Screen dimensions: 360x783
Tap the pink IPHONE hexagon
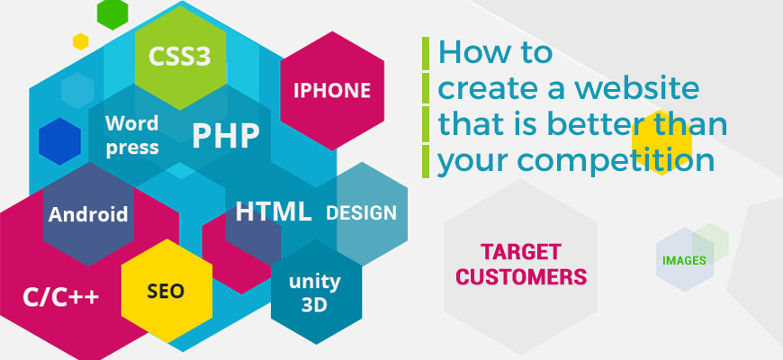tap(332, 90)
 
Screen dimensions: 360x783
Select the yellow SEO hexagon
tap(166, 290)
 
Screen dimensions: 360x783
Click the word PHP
tap(225, 136)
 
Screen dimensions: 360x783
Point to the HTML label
tap(274, 212)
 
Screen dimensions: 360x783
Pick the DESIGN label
tap(361, 213)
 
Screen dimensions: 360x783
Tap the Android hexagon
tap(88, 215)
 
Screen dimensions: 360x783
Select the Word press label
tap(131, 135)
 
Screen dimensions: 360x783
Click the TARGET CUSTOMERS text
tap(521, 263)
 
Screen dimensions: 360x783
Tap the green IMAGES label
tap(684, 260)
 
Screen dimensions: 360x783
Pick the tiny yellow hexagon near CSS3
tap(81, 41)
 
